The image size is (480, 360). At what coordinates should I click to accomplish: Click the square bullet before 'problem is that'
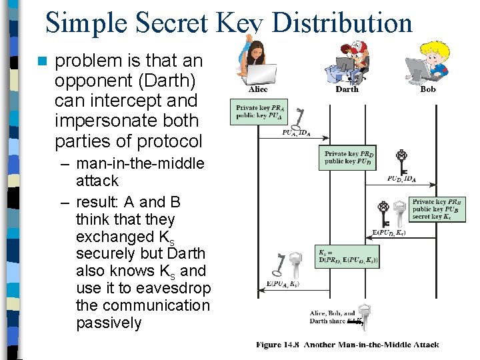tap(43, 61)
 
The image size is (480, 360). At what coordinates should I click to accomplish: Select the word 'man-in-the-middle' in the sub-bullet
tap(141, 163)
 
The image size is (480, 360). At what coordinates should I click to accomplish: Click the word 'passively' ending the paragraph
tap(109, 323)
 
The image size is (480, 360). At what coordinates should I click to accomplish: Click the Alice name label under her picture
tap(258, 89)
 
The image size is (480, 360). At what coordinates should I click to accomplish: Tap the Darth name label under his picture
tap(346, 89)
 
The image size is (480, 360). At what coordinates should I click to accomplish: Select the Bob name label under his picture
tap(428, 89)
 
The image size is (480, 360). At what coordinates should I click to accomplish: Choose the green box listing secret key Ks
tap(437, 209)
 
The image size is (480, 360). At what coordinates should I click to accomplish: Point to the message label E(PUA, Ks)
tap(283, 284)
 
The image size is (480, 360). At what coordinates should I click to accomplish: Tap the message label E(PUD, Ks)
tap(388, 233)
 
